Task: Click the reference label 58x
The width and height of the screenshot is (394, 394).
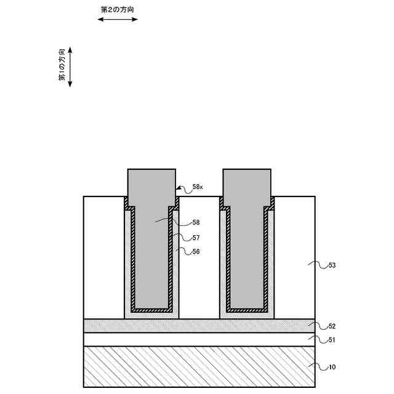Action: coord(197,187)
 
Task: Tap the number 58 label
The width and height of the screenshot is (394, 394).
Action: coord(196,223)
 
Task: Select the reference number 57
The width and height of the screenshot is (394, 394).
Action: coord(196,238)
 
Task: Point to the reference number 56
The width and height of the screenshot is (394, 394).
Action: coord(196,252)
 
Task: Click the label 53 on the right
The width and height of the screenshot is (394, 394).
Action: coord(332,265)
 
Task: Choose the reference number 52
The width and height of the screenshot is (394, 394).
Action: coord(332,326)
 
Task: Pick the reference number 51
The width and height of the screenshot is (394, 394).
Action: coord(332,340)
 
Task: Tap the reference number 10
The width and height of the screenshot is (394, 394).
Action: coord(332,368)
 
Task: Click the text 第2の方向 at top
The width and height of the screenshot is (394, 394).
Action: coord(118,10)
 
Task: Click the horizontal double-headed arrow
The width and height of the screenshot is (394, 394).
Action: coord(118,20)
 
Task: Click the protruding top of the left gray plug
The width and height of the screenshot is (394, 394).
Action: coord(151,183)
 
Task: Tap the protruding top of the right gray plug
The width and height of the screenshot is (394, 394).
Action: coord(246,183)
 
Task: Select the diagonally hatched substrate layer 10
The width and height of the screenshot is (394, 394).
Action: coord(199,366)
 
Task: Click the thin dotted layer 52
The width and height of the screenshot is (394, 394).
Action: coord(199,326)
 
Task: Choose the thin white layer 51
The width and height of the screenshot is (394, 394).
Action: coord(199,339)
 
